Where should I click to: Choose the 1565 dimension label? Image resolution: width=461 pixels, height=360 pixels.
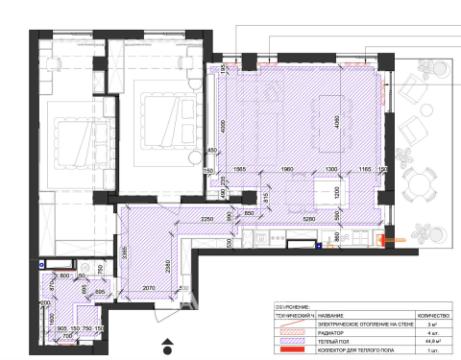click(x=240, y=169)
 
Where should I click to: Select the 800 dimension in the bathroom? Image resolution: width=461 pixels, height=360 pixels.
click(x=64, y=275)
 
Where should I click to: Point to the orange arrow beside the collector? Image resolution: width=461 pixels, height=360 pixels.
click(x=392, y=240)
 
